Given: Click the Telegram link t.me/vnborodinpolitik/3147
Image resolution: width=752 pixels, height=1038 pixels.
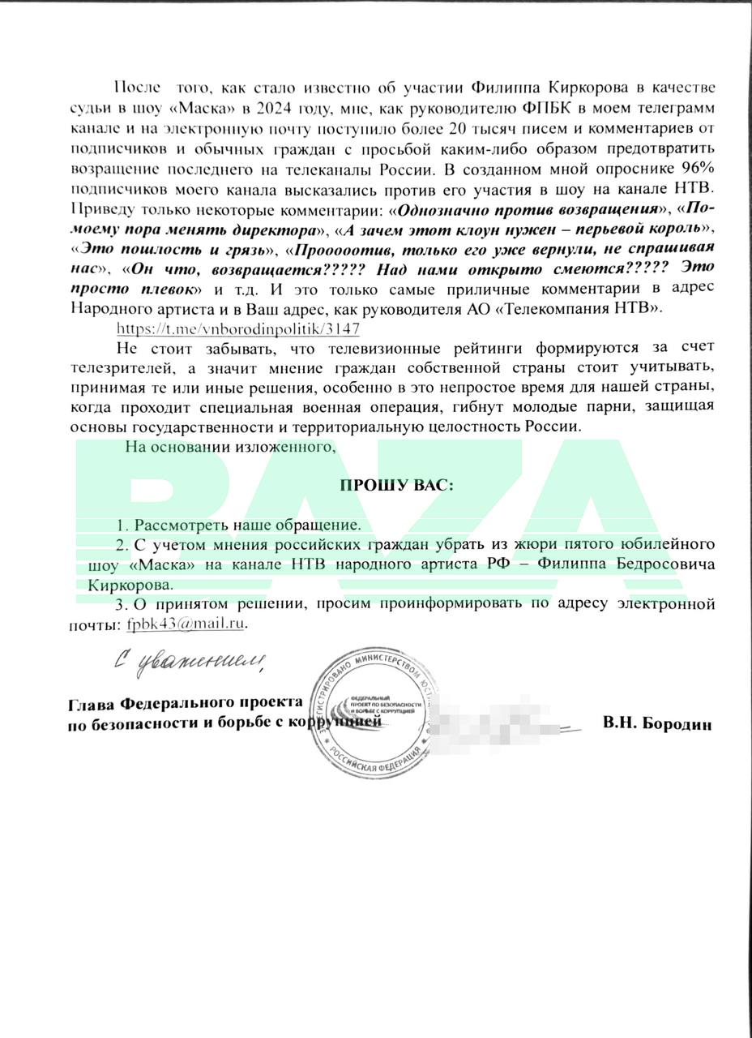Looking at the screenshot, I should tap(238, 328).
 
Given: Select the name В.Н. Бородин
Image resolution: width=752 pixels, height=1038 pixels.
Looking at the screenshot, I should tap(657, 724).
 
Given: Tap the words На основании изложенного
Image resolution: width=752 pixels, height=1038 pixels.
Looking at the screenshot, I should tap(229, 446).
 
